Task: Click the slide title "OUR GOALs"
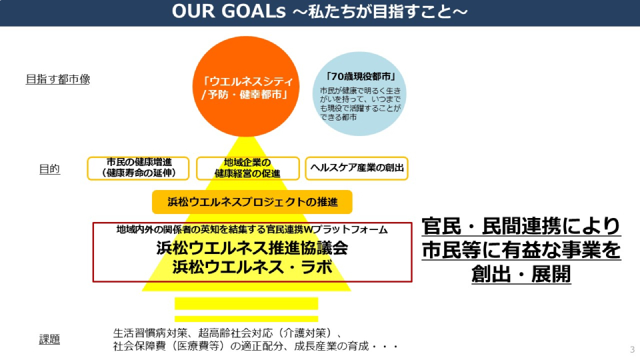229,12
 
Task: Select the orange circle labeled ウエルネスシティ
246,87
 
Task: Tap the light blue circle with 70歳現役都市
359,93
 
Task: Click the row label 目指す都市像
58,79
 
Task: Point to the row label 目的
49,169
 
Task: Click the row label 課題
49,339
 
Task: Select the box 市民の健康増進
138,168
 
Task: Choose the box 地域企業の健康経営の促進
248,168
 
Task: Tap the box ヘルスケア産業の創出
357,168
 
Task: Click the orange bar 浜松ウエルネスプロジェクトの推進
252,201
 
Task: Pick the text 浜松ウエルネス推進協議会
252,248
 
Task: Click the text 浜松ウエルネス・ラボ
252,267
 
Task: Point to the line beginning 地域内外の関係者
252,230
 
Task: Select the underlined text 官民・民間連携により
521,226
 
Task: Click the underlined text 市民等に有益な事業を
521,250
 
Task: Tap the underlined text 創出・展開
521,274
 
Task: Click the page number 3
632,350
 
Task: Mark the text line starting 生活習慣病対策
229,333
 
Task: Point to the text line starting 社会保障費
256,347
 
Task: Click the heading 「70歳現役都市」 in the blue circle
361,77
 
